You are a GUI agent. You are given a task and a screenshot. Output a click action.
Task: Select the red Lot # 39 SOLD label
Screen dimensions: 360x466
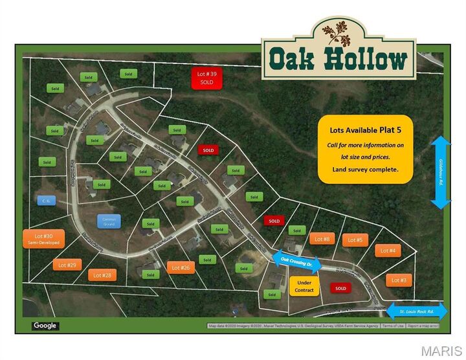206,78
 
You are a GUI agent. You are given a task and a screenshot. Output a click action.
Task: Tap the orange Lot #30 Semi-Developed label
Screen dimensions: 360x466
45,239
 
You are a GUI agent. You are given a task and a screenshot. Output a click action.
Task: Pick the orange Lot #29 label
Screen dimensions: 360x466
67,265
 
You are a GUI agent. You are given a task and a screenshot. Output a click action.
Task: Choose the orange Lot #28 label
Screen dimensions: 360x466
102,275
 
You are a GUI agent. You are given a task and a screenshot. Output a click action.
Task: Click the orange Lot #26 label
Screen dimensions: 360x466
181,267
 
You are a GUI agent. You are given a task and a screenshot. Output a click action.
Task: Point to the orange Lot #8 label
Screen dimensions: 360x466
322,240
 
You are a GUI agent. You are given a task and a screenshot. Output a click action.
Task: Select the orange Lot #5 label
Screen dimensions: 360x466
355,240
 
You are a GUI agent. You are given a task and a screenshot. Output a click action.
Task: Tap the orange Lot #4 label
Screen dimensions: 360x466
388,250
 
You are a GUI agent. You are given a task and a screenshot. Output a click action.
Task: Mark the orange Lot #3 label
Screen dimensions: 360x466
399,280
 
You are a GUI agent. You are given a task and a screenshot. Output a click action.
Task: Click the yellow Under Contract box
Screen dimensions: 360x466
304,286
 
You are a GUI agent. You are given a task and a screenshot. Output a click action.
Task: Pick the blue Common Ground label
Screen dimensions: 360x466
109,221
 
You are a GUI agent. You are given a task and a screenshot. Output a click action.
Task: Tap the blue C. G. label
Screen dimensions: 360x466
47,201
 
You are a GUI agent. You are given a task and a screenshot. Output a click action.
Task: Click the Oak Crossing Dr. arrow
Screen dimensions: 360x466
296,260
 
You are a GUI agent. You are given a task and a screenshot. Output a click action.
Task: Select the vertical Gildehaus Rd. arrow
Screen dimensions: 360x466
441,172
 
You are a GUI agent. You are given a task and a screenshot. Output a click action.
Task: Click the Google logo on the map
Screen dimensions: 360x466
45,326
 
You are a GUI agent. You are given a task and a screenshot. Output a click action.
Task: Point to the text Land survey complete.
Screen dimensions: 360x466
365,169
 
